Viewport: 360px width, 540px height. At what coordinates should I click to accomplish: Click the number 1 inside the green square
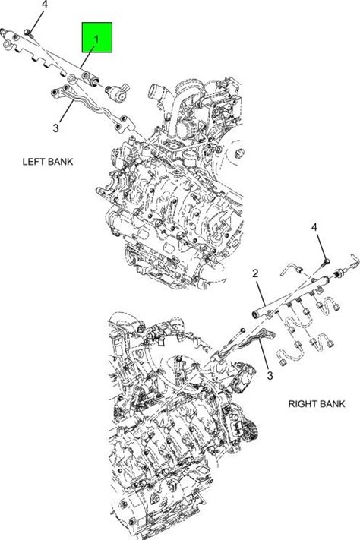pyautogui.click(x=96, y=39)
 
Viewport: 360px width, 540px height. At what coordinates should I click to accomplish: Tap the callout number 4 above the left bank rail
pyautogui.click(x=45, y=5)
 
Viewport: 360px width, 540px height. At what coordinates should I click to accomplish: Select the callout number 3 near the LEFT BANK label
pyautogui.click(x=55, y=128)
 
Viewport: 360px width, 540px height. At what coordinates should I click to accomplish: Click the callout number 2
pyautogui.click(x=255, y=273)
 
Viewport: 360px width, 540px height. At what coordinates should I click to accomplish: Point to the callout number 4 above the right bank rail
pyautogui.click(x=314, y=227)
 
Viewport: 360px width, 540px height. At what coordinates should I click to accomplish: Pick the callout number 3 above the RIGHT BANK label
pyautogui.click(x=270, y=375)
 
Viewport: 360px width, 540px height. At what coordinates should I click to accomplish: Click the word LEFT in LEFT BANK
pyautogui.click(x=33, y=162)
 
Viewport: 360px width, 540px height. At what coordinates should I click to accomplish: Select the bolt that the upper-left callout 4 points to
pyautogui.click(x=29, y=33)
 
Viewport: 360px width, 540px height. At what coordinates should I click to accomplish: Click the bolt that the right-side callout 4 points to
pyautogui.click(x=326, y=263)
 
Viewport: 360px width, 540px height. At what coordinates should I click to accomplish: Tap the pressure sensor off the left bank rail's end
pyautogui.click(x=117, y=93)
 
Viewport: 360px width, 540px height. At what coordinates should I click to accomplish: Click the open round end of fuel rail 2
pyautogui.click(x=256, y=314)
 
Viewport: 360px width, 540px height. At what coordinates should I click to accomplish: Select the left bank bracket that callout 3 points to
pyautogui.click(x=91, y=108)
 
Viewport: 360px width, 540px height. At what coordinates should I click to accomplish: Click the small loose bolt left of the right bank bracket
pyautogui.click(x=242, y=330)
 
